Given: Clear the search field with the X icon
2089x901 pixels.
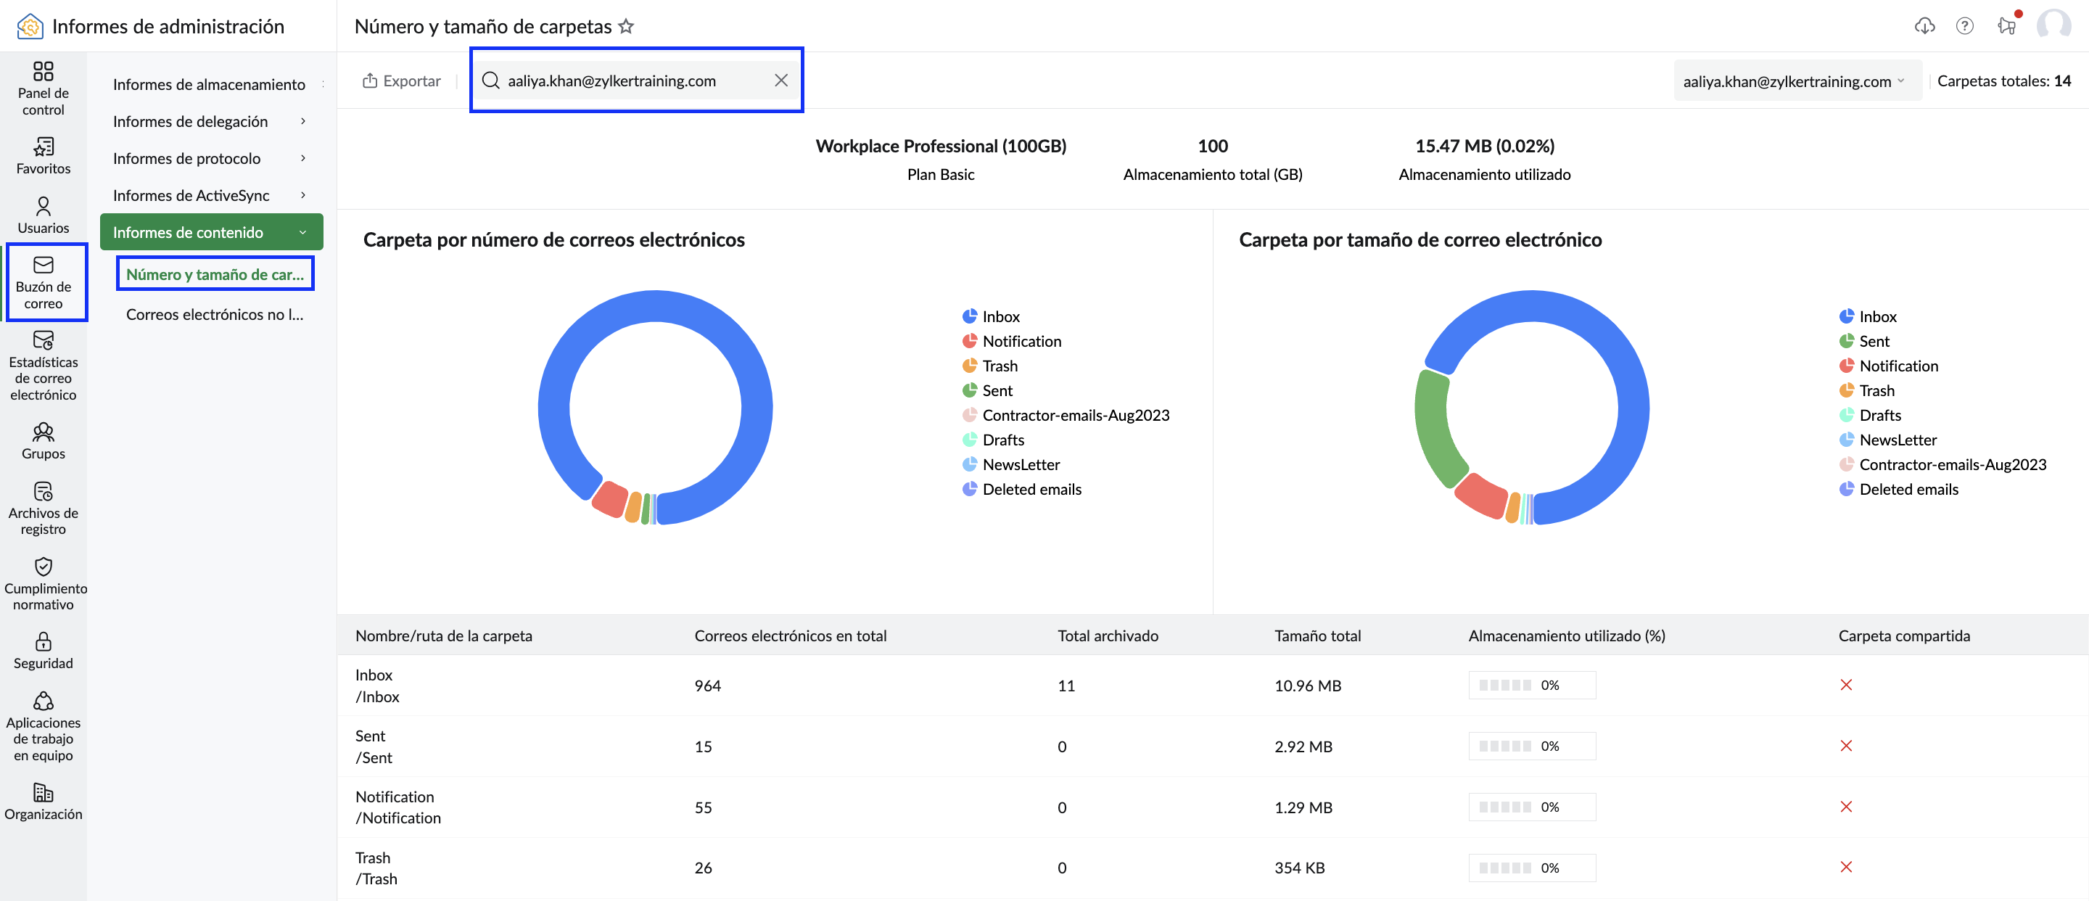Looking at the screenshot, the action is click(781, 81).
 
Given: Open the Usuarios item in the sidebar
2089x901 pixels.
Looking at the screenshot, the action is click(43, 215).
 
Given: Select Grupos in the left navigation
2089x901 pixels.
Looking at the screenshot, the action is click(43, 441).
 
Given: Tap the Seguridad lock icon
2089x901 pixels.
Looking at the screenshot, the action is click(43, 642).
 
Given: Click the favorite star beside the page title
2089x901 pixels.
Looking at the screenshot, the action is click(626, 26).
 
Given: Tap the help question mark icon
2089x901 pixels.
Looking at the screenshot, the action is click(1964, 26).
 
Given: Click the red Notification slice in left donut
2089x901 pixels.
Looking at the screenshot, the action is click(611, 499).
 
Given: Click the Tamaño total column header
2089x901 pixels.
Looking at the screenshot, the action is click(1317, 635).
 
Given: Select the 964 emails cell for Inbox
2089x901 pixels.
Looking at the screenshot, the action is click(707, 686).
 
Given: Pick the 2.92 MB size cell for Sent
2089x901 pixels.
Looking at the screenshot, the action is click(1303, 746).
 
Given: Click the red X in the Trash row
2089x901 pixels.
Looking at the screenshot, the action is click(1846, 867).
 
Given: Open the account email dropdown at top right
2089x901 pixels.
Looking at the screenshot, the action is click(1796, 81).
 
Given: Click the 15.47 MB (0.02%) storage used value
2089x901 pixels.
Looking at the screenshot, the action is click(1484, 146).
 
